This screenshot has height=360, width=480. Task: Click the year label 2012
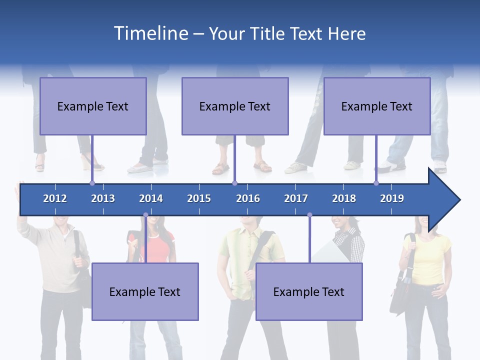click(55, 198)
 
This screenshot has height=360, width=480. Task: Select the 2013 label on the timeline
click(103, 198)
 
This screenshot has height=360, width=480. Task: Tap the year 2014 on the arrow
click(151, 198)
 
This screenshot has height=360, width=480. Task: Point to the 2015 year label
click(199, 198)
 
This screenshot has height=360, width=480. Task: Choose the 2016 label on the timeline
click(248, 198)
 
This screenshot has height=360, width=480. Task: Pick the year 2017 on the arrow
click(296, 198)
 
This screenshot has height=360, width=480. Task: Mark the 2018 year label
click(344, 198)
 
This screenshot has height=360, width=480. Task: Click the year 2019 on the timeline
click(392, 198)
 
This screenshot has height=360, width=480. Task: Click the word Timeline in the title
click(150, 33)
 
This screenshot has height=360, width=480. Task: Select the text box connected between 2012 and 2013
click(93, 106)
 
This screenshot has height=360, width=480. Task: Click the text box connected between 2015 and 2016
click(235, 106)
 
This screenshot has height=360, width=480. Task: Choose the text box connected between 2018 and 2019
click(377, 106)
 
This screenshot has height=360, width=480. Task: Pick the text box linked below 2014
click(145, 291)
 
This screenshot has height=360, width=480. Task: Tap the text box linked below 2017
click(309, 291)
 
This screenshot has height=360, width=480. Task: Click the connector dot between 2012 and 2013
click(92, 183)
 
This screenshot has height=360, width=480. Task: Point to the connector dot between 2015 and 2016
click(234, 183)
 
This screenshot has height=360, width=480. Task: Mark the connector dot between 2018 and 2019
click(376, 183)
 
